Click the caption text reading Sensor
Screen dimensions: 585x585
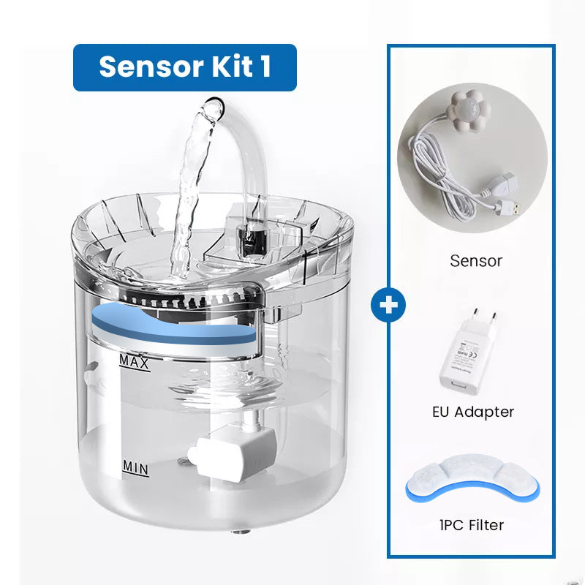click(476, 260)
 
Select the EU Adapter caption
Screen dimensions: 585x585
click(472, 412)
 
